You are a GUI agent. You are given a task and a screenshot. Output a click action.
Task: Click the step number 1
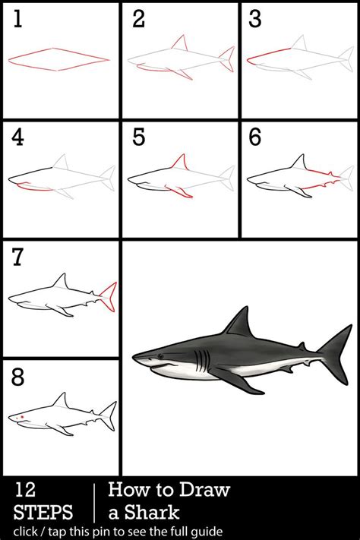pyautogui.click(x=18, y=18)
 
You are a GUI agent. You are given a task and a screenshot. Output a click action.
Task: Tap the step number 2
pyautogui.click(x=138, y=18)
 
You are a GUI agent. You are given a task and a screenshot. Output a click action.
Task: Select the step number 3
pyautogui.click(x=255, y=18)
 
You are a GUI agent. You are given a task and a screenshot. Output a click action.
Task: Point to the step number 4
pyautogui.click(x=17, y=137)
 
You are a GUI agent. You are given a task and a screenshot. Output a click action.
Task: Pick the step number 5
pyautogui.click(x=138, y=137)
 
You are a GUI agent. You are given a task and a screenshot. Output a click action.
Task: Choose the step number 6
pyautogui.click(x=255, y=137)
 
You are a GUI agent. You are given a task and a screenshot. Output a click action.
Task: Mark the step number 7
pyautogui.click(x=17, y=257)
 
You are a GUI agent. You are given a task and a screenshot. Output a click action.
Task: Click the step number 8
pyautogui.click(x=18, y=377)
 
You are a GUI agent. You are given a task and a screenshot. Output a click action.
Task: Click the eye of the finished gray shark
pyautogui.click(x=160, y=356)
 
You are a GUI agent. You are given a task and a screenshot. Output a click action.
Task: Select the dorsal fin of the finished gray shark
pyautogui.click(x=238, y=322)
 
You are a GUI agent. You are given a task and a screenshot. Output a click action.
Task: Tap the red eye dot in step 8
pyautogui.click(x=22, y=418)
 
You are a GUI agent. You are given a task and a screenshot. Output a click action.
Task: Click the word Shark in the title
pyautogui.click(x=151, y=512)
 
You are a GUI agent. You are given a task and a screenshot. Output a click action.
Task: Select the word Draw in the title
pyautogui.click(x=204, y=489)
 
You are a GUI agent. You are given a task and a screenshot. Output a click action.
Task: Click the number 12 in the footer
pyautogui.click(x=24, y=490)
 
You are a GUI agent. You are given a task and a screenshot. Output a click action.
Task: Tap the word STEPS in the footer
pyautogui.click(x=43, y=512)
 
